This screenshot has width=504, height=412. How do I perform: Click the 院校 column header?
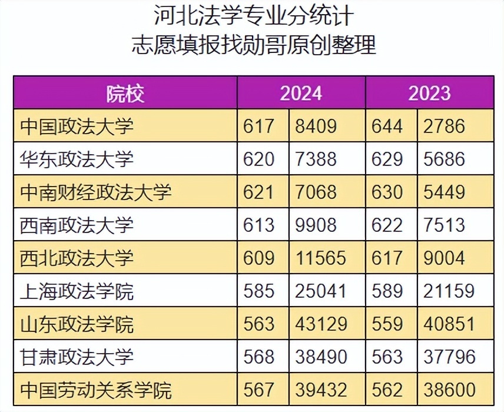(x=125, y=94)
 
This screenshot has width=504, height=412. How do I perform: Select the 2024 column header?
(x=301, y=94)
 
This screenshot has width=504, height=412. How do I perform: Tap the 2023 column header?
(x=429, y=94)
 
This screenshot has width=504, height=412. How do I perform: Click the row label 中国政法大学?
(x=77, y=126)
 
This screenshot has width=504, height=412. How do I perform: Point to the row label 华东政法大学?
(x=77, y=159)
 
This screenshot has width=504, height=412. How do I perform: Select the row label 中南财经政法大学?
(x=96, y=192)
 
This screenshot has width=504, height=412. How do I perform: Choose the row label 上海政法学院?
(x=77, y=291)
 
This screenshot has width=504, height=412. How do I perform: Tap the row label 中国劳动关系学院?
(x=96, y=390)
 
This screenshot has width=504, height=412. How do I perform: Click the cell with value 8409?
(x=316, y=126)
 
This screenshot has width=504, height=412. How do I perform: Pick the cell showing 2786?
(x=444, y=126)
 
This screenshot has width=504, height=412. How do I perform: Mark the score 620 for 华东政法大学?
(x=258, y=159)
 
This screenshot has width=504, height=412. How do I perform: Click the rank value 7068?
(x=316, y=192)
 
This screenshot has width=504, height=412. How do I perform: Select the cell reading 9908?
(x=316, y=225)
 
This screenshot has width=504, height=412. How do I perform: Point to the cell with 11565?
(x=321, y=258)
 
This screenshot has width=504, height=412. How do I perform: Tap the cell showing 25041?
(x=321, y=291)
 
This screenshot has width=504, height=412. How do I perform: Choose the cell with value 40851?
(x=449, y=324)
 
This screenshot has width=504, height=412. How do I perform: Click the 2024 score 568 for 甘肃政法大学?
(x=258, y=357)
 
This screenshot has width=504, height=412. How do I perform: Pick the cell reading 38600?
(x=449, y=390)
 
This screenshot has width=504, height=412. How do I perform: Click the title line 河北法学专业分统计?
(x=254, y=15)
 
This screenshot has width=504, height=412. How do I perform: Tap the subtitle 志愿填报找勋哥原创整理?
(x=254, y=45)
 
